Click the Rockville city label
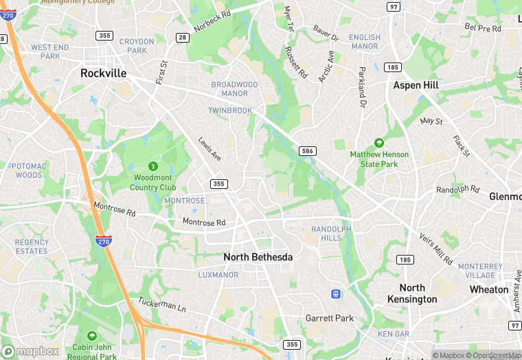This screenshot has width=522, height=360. coord(104,73)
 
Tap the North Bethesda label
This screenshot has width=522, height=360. coord(258,257)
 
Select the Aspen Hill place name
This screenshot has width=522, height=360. coord(416,85)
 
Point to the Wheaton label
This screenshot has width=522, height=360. coord(489,289)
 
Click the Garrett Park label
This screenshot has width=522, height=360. coord(330,318)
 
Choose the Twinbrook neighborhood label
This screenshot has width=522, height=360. coord(230,110)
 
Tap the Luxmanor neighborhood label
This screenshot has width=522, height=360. coord(218,275)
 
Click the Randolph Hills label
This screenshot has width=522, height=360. coord(331,233)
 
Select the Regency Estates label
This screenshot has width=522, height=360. coord(32,246)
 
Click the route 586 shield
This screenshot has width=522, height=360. coord(307,150)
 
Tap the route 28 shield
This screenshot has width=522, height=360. coord(182,37)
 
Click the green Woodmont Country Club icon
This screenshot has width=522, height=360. coord(153,166)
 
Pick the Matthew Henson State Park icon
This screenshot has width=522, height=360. coord(378,144)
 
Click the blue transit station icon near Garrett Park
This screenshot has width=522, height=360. coord(336,294)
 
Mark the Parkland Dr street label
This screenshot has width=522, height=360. coord(361,87)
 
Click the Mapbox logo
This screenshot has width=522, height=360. coord(30,350)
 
